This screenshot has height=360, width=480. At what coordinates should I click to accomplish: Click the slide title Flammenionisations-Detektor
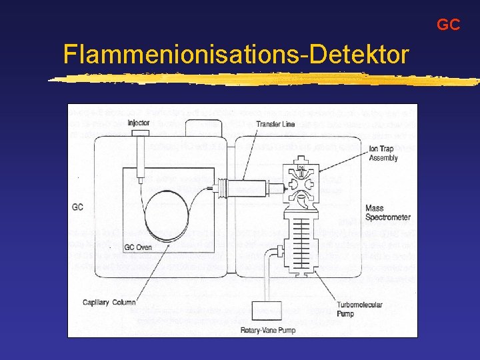click(x=235, y=54)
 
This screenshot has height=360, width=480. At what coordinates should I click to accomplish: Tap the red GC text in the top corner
click(x=448, y=25)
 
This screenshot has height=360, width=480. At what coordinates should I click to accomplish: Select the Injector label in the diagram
click(x=139, y=123)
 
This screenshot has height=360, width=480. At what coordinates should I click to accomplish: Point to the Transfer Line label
click(x=275, y=124)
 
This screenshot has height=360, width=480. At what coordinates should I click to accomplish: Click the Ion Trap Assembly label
click(x=383, y=153)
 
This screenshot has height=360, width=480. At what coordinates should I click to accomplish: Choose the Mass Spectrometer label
click(x=387, y=213)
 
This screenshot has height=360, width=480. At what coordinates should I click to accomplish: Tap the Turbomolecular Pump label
click(x=359, y=309)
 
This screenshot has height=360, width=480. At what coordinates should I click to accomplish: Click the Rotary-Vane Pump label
click(x=267, y=330)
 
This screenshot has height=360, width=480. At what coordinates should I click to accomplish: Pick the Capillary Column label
click(x=109, y=302)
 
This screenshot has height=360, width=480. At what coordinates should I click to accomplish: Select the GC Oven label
click(x=138, y=247)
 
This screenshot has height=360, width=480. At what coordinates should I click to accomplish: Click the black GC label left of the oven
click(x=78, y=207)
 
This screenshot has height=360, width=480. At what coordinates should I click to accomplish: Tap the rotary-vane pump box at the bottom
click(x=274, y=311)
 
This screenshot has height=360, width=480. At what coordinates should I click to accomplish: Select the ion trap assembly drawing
click(x=300, y=183)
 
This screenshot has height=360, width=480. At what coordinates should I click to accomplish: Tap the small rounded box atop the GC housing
click(x=204, y=127)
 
